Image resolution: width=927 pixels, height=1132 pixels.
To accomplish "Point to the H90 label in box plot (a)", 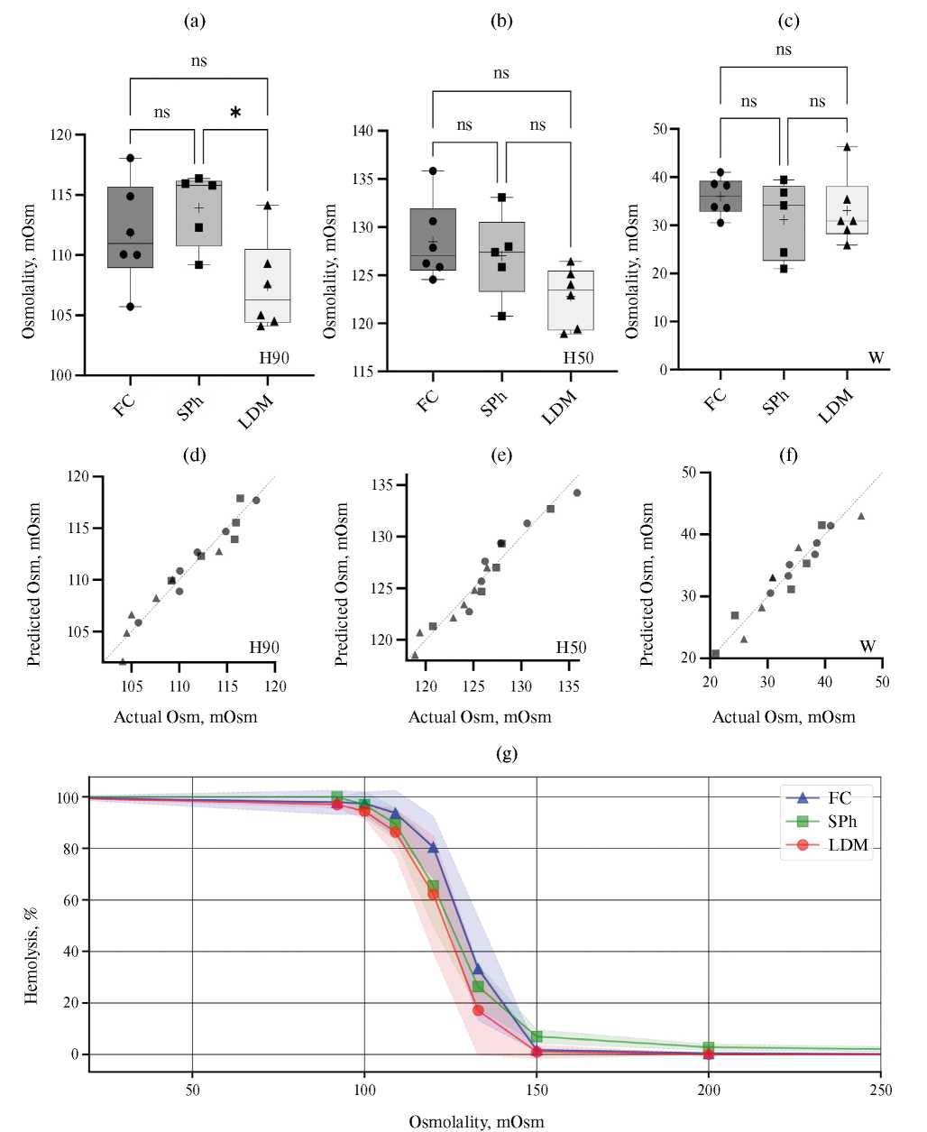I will pos(274,358).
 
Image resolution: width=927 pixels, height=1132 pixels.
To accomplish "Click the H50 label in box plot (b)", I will pos(578,358).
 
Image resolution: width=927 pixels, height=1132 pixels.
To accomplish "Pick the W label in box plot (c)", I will pos(876,358).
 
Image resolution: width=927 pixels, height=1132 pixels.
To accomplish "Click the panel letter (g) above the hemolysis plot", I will pos(507,754).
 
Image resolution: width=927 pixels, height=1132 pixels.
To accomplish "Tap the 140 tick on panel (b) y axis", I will pos(363,131).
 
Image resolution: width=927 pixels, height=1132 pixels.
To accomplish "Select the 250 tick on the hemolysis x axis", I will pos(880,1091).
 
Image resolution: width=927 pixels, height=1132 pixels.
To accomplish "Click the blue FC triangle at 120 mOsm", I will pos(433,848).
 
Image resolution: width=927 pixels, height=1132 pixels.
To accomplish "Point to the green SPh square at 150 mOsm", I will pos(537,1036).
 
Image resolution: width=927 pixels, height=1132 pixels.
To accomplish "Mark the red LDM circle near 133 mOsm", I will pos(478,1010).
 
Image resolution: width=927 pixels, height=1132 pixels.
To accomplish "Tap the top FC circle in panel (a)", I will pos(130,158).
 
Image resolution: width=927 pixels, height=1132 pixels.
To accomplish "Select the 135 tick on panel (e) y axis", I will pos(381,485).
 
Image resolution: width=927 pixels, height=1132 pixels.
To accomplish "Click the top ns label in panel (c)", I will pos(783,50).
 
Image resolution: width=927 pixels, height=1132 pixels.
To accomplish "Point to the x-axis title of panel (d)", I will pos(185,717).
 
